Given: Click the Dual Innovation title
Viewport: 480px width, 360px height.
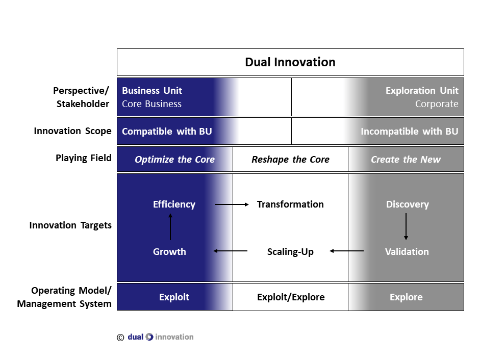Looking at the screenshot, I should (x=290, y=62).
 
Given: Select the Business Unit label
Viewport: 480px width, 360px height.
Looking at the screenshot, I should (x=152, y=91).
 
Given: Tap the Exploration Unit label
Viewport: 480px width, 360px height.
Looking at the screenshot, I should (x=422, y=91).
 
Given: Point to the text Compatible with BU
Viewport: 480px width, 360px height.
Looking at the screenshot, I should (x=167, y=131).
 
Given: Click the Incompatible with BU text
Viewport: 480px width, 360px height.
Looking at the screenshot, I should (x=409, y=131).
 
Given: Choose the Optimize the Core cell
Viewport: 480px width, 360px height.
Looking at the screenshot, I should (x=174, y=160).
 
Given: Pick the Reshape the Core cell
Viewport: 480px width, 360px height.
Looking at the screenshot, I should (x=290, y=160).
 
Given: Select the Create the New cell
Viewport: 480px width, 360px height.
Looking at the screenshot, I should (x=406, y=160).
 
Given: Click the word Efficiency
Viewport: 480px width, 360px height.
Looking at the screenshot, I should (x=174, y=204).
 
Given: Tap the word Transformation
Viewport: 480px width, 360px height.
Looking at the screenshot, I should (x=290, y=204).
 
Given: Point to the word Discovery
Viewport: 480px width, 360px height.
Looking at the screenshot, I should (x=407, y=204).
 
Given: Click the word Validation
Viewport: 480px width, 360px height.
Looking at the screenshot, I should (x=407, y=251).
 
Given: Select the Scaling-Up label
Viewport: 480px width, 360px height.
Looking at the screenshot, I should (x=290, y=251).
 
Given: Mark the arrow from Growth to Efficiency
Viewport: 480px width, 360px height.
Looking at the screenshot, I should (x=170, y=227).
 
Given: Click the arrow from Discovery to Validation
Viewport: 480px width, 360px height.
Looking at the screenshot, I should (x=406, y=227).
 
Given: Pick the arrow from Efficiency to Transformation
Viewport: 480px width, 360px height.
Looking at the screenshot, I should (x=232, y=204).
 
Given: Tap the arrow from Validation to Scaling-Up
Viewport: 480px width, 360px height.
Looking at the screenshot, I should (x=346, y=251).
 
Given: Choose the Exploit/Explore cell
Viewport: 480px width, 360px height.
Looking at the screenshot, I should (x=291, y=297).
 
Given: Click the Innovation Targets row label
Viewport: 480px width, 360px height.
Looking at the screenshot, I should (x=70, y=225).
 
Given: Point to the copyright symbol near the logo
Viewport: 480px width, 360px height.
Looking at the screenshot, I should (x=120, y=337).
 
